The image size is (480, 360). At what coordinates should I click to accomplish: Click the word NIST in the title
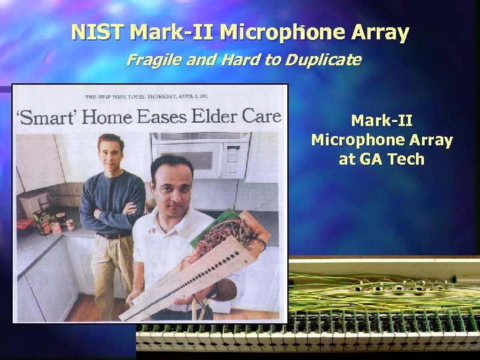[x=99, y=32]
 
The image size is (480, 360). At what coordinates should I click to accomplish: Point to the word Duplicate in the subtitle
[x=323, y=61]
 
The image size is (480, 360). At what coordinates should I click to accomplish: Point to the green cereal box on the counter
[x=43, y=221]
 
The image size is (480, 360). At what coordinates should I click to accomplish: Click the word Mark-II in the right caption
[x=381, y=121]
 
